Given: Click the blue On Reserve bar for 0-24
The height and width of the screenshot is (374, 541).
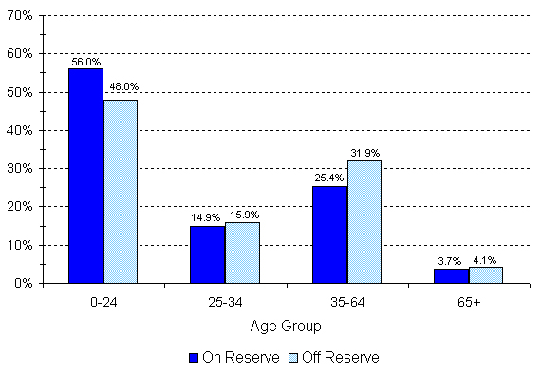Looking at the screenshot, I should (x=86, y=176).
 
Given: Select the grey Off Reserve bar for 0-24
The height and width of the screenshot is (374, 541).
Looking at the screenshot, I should (x=121, y=191).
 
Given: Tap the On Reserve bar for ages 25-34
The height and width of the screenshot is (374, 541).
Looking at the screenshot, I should (x=208, y=253).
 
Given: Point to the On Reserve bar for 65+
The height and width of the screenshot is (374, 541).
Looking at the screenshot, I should (x=451, y=275).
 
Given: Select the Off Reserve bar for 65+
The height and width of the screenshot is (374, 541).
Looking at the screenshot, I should (x=485, y=274).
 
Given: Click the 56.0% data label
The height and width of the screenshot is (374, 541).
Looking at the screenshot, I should (x=85, y=62).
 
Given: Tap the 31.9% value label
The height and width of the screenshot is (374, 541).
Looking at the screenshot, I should (x=364, y=154).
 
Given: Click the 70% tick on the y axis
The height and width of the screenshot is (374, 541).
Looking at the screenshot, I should (x=21, y=16).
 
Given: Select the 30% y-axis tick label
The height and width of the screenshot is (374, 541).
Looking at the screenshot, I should (x=21, y=168).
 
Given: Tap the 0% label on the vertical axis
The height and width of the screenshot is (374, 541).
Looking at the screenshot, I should (x=24, y=283).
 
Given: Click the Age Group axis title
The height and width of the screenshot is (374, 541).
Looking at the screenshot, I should (x=286, y=326).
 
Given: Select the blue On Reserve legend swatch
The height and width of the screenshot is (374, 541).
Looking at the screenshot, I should (x=195, y=358).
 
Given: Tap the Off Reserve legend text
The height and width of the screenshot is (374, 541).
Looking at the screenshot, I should (x=347, y=358).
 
